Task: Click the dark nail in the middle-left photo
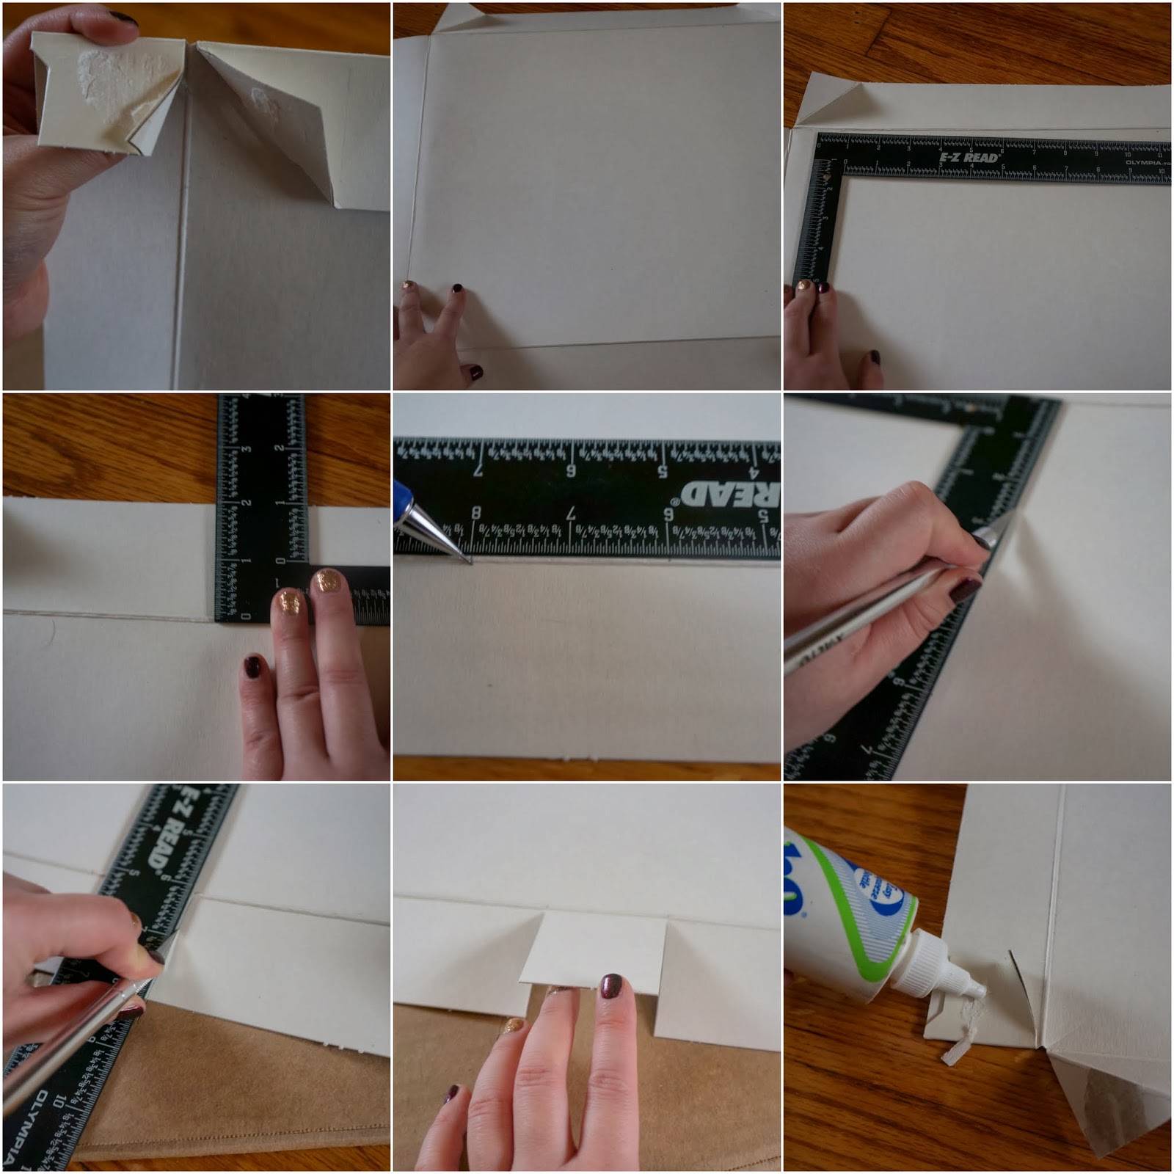(x=253, y=667)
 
